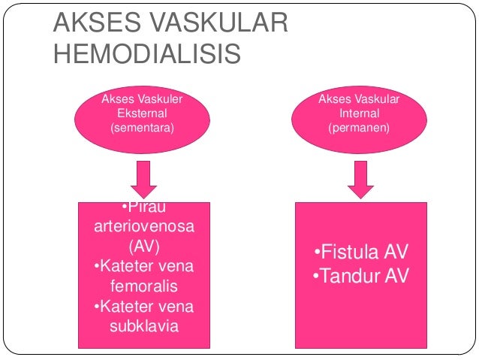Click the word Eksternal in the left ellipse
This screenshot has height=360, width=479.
point(142,113)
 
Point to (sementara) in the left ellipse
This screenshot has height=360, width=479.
point(142,127)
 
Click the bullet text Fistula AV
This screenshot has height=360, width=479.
point(361,252)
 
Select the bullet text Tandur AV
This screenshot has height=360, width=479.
point(361,277)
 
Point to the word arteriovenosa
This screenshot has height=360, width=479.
point(142,227)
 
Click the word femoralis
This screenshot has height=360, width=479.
point(142,286)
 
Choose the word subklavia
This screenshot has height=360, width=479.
point(142,326)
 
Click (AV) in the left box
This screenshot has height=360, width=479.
point(143,247)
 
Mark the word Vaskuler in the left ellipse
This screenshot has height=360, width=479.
point(159,99)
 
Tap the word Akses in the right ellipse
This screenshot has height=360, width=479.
point(335,99)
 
